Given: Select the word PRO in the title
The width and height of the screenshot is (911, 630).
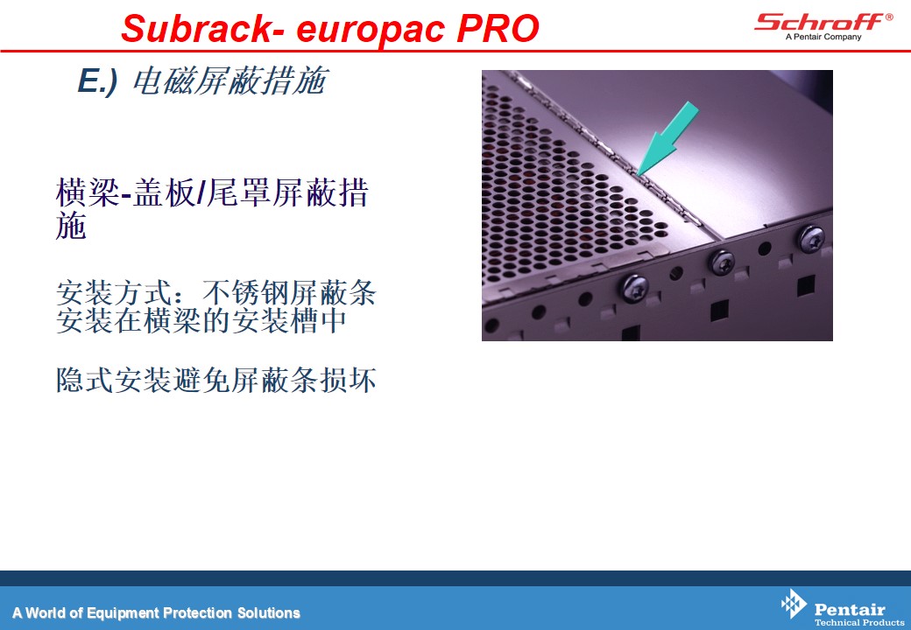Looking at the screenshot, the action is click(498, 28).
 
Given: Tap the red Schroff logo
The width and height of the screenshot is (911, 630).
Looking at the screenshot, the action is click(819, 22).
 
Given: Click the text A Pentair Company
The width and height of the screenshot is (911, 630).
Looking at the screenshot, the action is click(823, 37).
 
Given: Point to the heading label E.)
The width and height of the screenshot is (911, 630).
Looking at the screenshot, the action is click(97, 80).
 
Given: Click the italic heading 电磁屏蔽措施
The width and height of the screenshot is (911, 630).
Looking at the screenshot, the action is click(230, 80).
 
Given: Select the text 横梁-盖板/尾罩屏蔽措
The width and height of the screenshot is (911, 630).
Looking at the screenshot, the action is click(212, 192).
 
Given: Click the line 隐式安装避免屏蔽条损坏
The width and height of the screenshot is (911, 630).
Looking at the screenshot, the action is click(216, 380).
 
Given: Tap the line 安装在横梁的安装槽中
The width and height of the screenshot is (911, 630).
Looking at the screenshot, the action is click(201, 321).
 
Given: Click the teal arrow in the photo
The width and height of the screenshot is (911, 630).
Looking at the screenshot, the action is click(667, 138).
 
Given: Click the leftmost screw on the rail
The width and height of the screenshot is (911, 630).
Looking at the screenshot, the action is click(634, 288).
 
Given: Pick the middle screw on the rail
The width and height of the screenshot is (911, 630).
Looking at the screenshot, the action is click(723, 262).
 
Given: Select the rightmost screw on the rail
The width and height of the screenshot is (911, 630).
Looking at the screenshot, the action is click(810, 238).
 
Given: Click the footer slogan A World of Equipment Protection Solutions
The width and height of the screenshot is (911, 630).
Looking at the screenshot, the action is click(156, 613).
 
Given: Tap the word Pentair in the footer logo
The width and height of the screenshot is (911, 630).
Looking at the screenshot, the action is click(850, 609).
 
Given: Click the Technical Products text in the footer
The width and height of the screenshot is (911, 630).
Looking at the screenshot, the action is click(859, 622).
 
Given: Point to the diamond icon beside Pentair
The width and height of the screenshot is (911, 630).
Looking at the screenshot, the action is click(794, 604).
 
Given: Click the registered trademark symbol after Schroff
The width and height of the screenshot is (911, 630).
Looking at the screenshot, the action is click(889, 17).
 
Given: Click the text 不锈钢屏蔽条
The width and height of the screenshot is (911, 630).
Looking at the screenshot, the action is click(289, 292).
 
